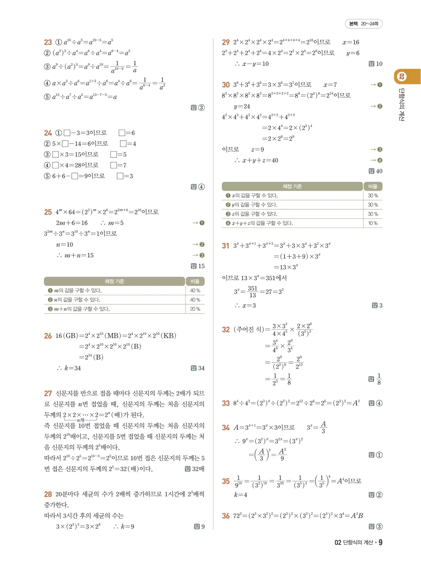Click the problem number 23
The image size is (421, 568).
[x=48, y=42]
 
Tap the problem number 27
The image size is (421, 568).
[x=48, y=393]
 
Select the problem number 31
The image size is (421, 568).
[x=225, y=245]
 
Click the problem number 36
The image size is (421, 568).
[x=225, y=516]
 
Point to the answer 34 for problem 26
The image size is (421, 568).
[x=201, y=368]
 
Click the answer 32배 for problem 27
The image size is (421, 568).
[x=198, y=469]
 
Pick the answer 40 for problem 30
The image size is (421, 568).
[x=379, y=171]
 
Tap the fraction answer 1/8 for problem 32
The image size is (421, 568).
[x=379, y=379]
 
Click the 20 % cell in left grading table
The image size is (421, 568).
[x=195, y=309]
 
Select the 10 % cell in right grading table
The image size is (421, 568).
[x=373, y=223]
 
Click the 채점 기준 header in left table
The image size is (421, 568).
[x=114, y=281]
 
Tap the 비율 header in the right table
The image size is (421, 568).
[x=373, y=186]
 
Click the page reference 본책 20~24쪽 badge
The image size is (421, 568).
[x=364, y=24]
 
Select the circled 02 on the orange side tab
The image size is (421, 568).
[x=402, y=77]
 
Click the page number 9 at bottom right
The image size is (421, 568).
[x=381, y=542]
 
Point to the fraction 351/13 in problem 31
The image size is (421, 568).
[x=252, y=291]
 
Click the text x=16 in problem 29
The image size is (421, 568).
[x=351, y=42]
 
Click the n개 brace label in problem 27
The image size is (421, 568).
[x=80, y=420]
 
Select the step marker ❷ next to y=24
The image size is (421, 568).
[x=380, y=106]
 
